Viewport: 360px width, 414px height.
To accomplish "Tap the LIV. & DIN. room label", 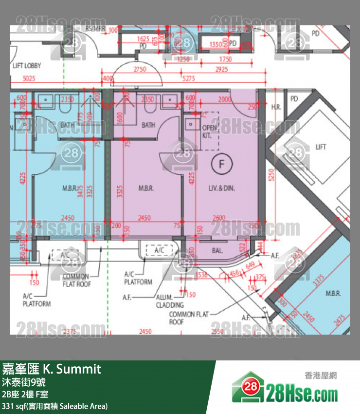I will pos(221,188).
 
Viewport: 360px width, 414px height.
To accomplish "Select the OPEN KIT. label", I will pos(208,132).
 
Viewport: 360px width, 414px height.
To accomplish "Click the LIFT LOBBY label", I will pos(27,66).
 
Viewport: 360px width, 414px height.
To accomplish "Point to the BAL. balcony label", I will pos(217,251).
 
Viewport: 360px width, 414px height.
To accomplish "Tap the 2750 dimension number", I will pos(140,70).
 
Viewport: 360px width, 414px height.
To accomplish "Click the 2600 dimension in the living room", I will pos(219,218).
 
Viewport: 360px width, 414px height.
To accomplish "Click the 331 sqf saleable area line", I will pos(55,406).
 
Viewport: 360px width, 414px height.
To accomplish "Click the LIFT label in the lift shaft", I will pos(321,147).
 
